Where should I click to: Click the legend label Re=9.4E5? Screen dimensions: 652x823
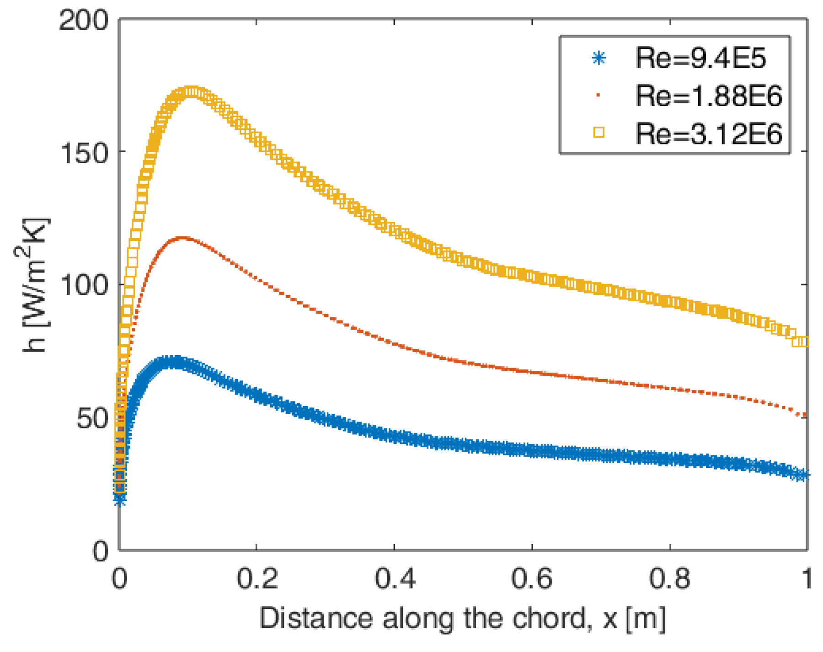[700, 59]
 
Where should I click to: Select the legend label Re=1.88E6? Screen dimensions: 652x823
[708, 96]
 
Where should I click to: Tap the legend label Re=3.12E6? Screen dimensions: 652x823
[708, 134]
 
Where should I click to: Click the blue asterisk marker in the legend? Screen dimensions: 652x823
[599, 58]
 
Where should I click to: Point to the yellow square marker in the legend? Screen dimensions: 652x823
[599, 133]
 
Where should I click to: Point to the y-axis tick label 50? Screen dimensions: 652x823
[92, 418]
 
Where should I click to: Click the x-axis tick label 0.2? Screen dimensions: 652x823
[257, 578]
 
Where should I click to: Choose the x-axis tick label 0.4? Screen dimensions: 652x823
[395, 578]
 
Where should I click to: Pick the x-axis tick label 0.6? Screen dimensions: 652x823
[532, 578]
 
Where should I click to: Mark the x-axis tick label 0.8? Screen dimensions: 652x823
[670, 578]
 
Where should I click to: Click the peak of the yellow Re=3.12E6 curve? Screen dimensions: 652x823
[190, 92]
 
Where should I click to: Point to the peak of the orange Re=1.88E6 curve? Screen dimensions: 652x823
[183, 238]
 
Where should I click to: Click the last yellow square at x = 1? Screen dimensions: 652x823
[803, 342]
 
